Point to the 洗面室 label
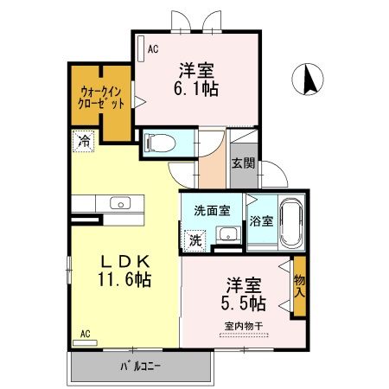click(x=211, y=208)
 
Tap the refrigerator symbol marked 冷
click(x=84, y=140)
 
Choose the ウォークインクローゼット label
click(x=102, y=96)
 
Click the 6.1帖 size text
click(x=197, y=88)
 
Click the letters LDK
click(x=125, y=260)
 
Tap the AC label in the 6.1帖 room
click(x=152, y=49)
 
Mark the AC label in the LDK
click(x=86, y=332)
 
